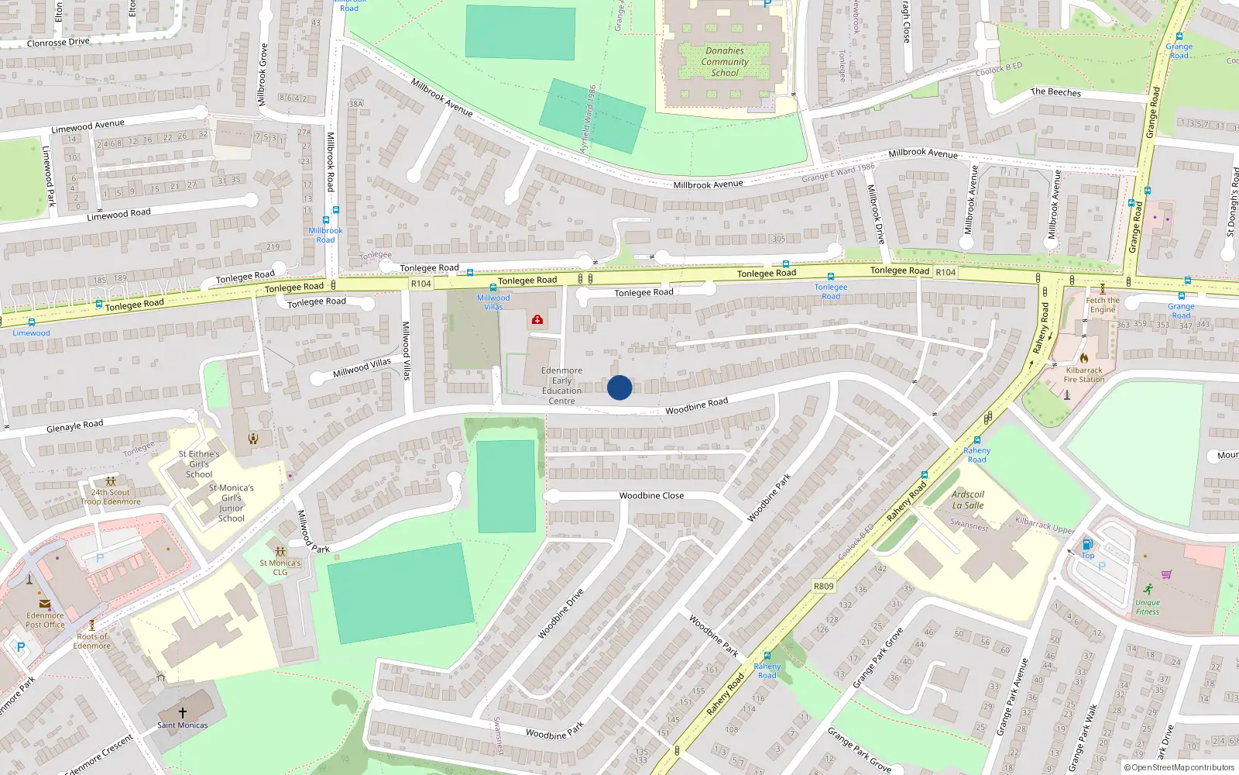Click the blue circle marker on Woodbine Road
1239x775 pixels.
coord(619,387)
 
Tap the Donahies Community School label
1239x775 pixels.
coord(725,62)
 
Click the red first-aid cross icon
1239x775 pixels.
coord(537,319)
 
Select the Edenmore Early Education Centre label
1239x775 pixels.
coord(561,386)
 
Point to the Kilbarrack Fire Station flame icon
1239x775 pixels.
coord(1084,358)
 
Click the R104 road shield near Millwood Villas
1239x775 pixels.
coord(420,284)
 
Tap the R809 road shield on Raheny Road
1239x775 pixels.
coord(823,586)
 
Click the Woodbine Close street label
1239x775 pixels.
coord(651,496)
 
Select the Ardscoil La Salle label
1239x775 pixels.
coord(968,500)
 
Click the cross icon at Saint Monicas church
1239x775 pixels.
coord(183,712)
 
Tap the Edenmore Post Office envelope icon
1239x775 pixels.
coord(45,603)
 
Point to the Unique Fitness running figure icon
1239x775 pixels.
coord(1148,590)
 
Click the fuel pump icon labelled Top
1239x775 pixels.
coord(1087,544)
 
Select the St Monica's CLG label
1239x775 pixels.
coord(280,568)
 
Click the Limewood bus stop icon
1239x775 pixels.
coord(31,322)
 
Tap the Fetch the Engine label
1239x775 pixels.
coord(1103,305)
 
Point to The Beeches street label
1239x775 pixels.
coord(1055,92)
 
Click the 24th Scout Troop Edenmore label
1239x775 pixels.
coord(111,497)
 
